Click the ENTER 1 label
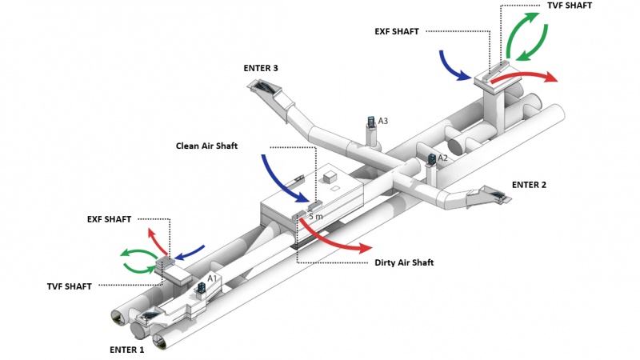click(126, 350)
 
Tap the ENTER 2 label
click(529, 185)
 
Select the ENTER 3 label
click(261, 69)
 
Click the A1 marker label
click(212, 277)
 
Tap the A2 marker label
click(442, 158)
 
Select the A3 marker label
click(383, 121)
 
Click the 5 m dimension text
click(317, 217)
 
